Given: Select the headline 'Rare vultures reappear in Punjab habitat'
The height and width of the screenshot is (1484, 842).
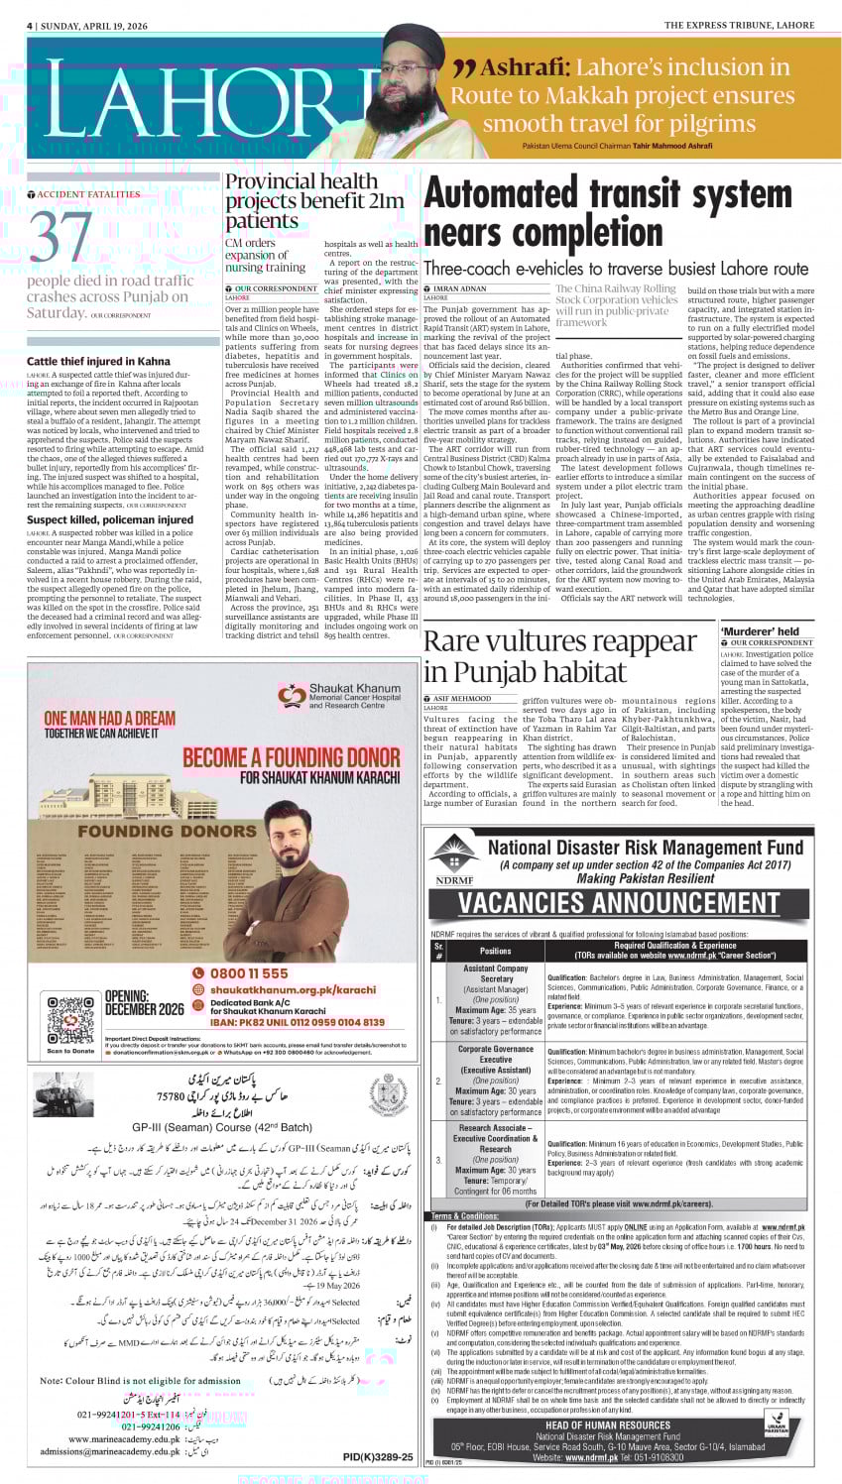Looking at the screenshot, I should pyautogui.click(x=559, y=656).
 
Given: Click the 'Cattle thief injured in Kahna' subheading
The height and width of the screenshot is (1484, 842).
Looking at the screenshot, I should pyautogui.click(x=98, y=362).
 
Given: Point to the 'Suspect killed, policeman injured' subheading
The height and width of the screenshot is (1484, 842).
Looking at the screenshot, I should pyautogui.click(x=110, y=518).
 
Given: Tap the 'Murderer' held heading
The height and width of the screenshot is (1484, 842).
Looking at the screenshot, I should pyautogui.click(x=760, y=631).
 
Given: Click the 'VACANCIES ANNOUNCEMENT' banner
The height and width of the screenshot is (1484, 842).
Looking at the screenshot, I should pyautogui.click(x=618, y=902).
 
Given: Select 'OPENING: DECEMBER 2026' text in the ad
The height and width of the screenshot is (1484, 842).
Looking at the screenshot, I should pyautogui.click(x=144, y=1002).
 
